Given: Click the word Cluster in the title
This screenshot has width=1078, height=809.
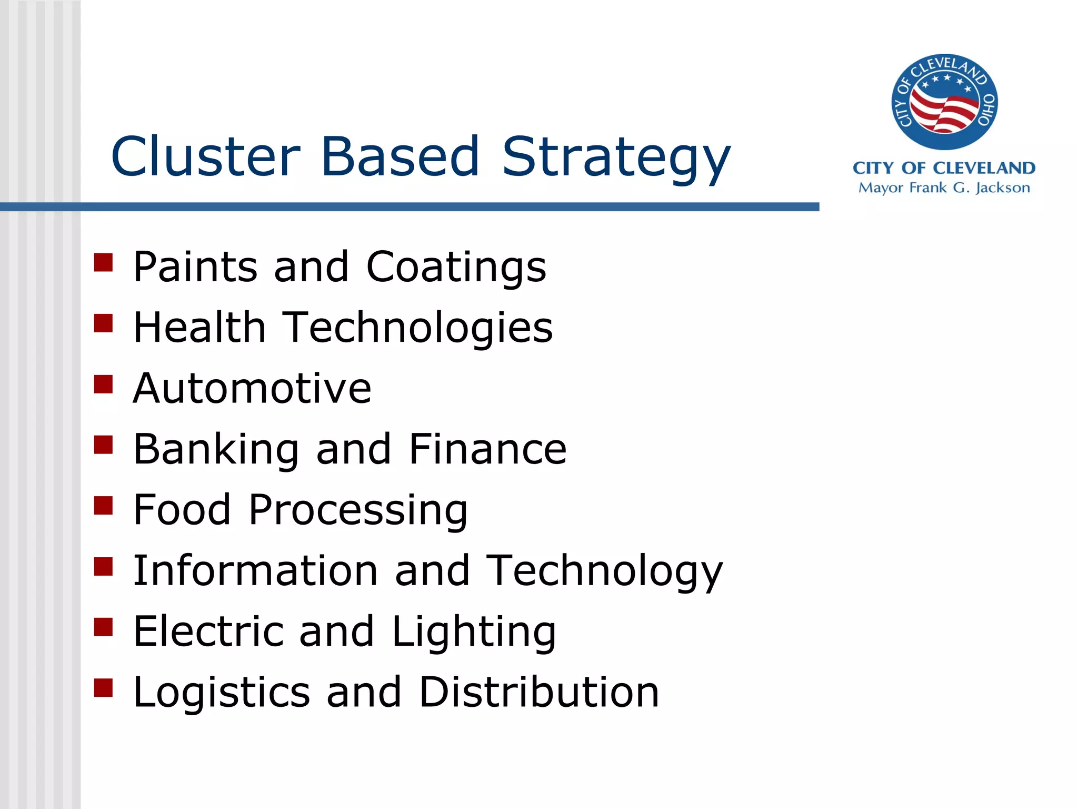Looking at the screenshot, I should coord(205,156).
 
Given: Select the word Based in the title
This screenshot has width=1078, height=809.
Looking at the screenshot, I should coord(400,156).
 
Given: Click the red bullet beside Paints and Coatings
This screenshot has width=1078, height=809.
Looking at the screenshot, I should coord(104,262).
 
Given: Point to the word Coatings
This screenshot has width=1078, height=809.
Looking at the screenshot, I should coord(456,267).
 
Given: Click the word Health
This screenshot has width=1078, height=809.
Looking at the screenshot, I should coord(199,327).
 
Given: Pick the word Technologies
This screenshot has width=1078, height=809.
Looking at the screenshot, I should coord(418,328).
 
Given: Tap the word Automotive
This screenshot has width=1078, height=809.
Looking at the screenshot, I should coord(252,388).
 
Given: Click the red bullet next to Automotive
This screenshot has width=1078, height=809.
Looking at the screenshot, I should coord(104,384).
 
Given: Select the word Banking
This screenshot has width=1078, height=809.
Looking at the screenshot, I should coord(216,449).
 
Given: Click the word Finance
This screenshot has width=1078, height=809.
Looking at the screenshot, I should coord(487,449).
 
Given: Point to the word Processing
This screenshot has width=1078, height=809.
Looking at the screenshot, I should coord(358,510).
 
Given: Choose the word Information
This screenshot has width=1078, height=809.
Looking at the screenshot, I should coord(256,570).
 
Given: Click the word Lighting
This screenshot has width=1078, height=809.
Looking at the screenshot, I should coord(474,632).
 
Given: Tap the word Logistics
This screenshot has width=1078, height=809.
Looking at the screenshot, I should coord(222,693).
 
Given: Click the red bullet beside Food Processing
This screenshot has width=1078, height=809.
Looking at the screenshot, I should coord(104,506).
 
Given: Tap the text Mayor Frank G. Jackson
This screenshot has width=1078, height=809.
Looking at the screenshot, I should coord(944,188).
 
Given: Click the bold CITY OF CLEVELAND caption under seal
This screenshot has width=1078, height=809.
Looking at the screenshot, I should coord(944,168).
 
